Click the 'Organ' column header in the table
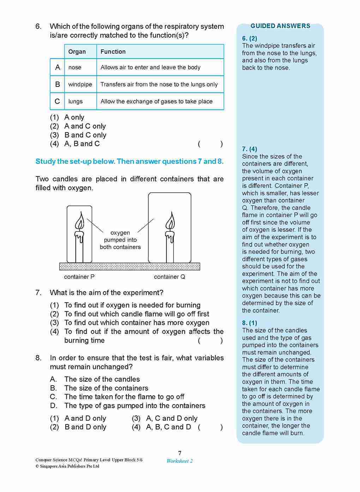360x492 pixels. [77, 52]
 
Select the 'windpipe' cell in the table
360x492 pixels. [80, 84]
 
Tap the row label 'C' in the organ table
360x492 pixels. [57, 101]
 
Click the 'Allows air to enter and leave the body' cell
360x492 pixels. [150, 67]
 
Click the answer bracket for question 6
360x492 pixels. [210, 144]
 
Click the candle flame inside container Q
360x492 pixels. [170, 221]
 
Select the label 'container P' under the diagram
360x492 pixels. [79, 277]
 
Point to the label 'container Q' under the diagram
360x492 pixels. [169, 277]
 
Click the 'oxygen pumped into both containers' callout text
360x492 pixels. [120, 240]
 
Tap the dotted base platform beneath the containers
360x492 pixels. [130, 266]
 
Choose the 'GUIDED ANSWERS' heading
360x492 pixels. [280, 26]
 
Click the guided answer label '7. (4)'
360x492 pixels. [250, 149]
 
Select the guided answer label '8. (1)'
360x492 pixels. [250, 323]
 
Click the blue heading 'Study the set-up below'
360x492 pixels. [129, 161]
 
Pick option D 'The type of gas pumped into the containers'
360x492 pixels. [134, 406]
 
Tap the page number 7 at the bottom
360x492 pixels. [180, 453]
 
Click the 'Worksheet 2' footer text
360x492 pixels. [180, 461]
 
